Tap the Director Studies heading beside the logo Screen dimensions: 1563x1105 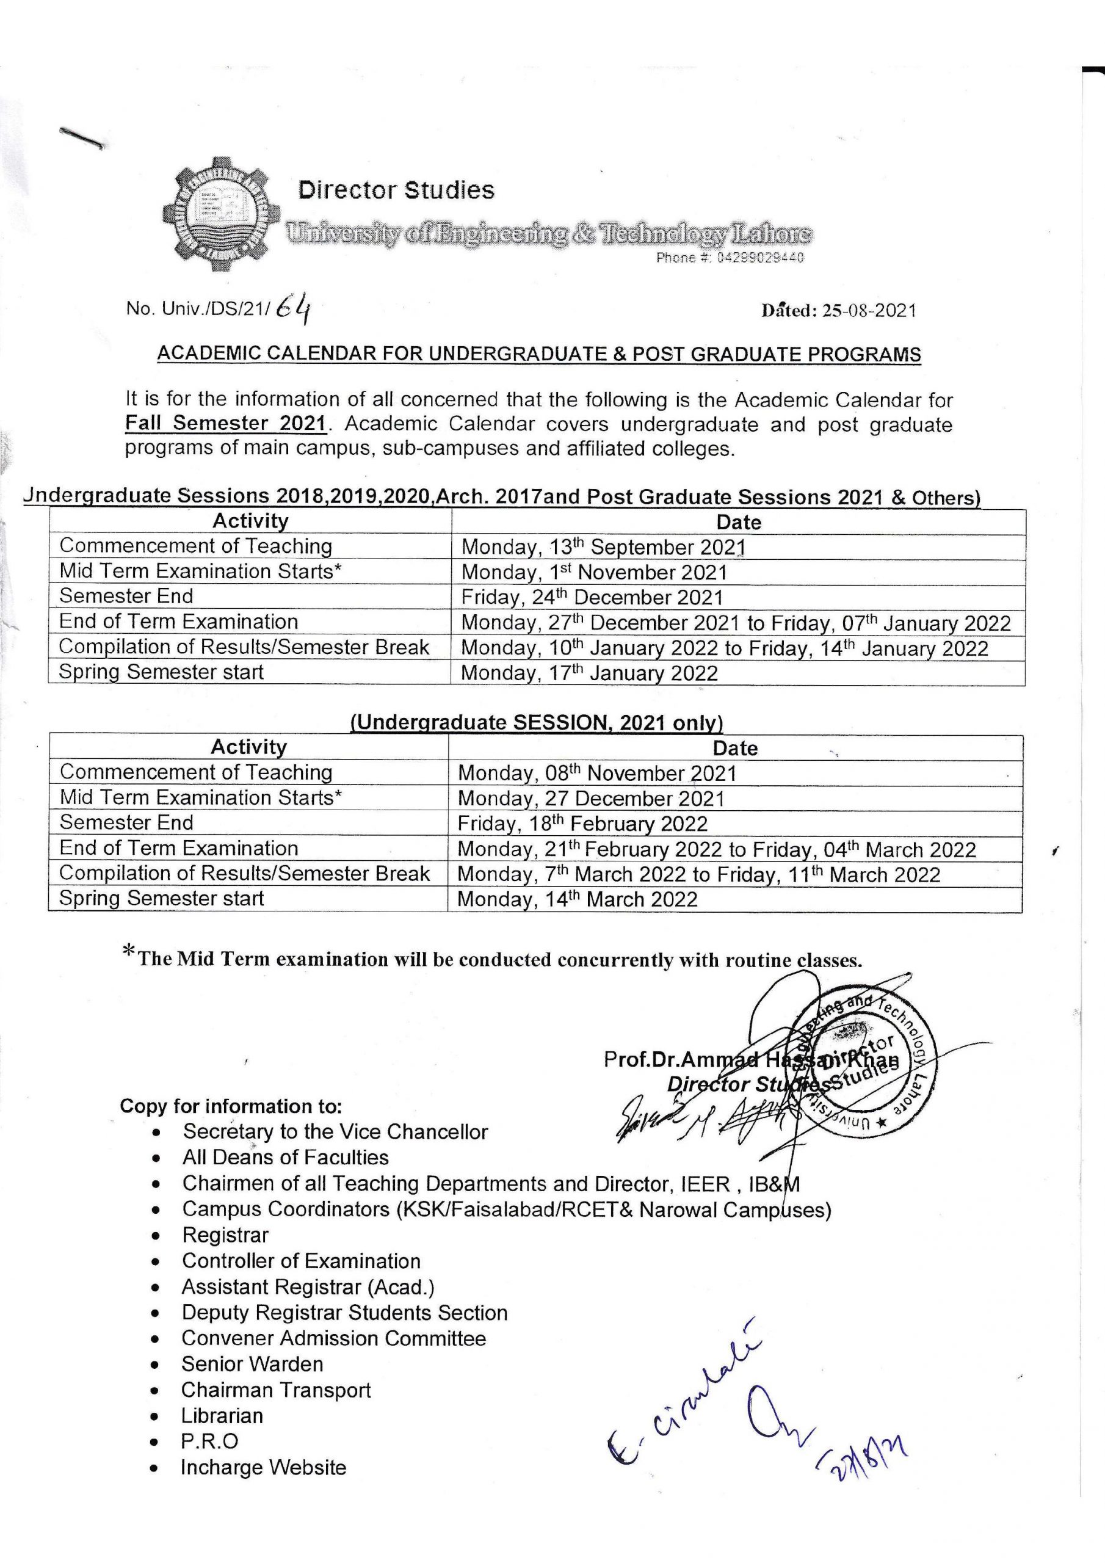[396, 190]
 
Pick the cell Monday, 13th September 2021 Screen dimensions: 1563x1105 [603, 547]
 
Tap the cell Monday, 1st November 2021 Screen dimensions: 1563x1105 [593, 573]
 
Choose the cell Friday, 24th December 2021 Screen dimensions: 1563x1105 [592, 598]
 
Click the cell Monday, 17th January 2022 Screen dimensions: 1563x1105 [589, 673]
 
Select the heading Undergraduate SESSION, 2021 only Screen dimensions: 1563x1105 [535, 722]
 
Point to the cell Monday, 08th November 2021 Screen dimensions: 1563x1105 [596, 774]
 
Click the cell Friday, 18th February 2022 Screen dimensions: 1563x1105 [582, 824]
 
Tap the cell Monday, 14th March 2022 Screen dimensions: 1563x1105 [578, 899]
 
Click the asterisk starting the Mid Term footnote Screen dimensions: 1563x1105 [128, 954]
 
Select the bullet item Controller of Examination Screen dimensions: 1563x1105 [301, 1261]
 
